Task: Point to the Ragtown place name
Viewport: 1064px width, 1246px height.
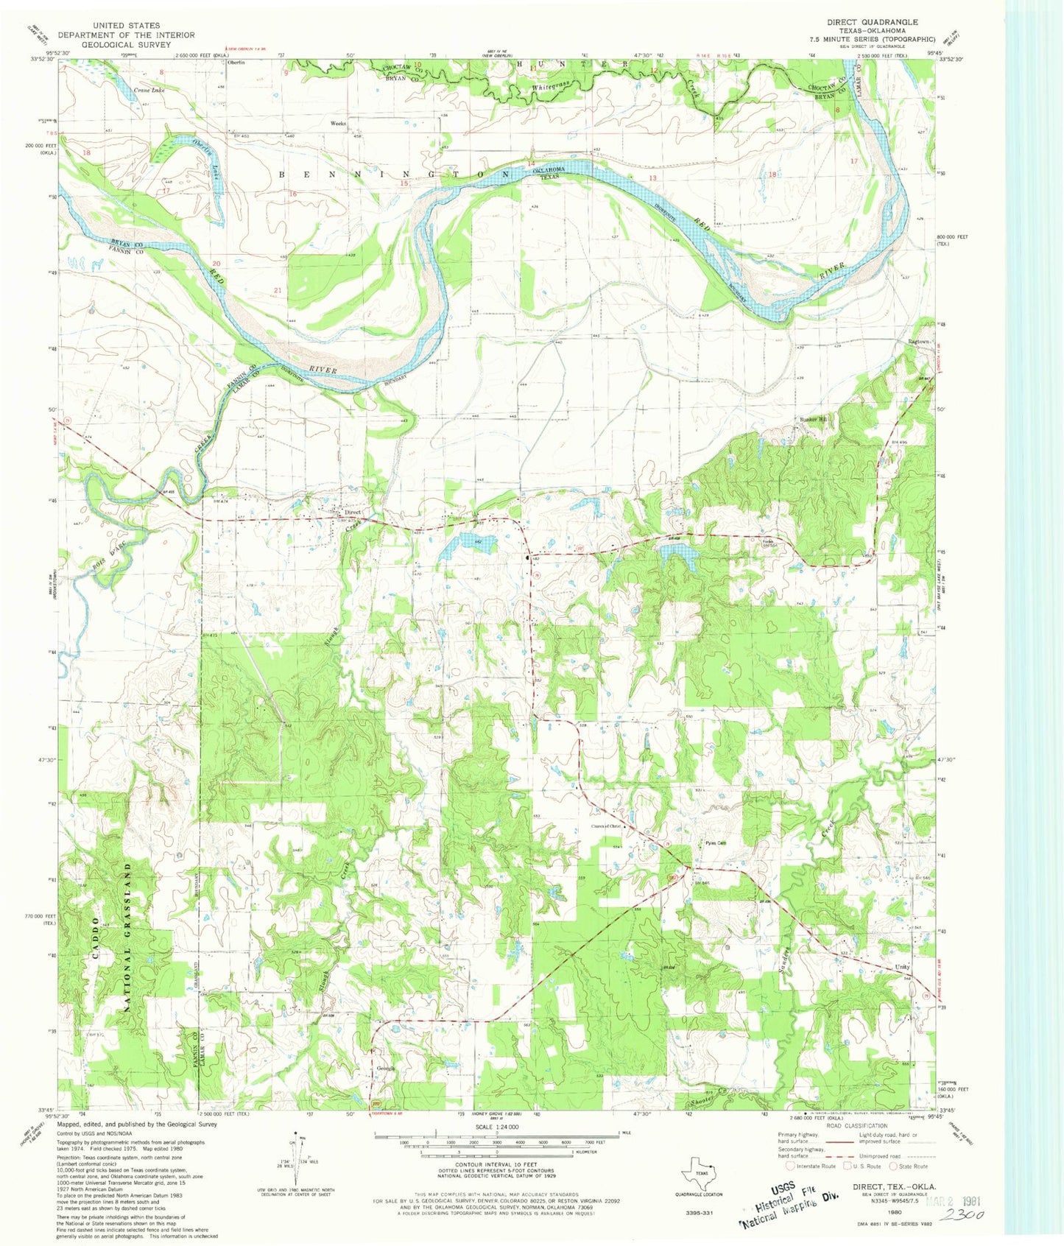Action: tap(919, 342)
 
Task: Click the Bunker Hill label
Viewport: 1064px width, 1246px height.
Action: tap(814, 420)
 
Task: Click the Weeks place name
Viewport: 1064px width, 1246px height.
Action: tap(339, 123)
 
